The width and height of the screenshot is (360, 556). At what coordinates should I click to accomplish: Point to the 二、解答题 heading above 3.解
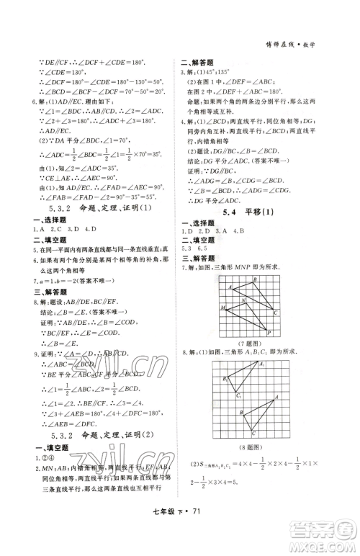(195, 62)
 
